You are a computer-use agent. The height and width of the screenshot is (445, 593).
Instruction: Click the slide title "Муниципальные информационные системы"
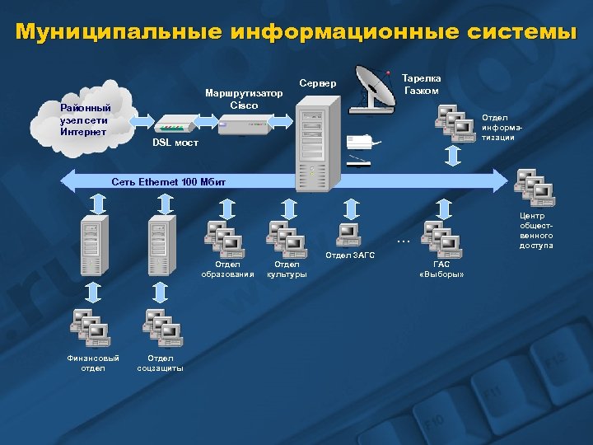coord(296,32)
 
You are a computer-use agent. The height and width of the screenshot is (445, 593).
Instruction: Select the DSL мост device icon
coord(174,125)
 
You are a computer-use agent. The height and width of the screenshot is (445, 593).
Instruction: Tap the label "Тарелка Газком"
coord(421,84)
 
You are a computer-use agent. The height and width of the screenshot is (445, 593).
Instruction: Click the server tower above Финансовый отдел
coord(93,245)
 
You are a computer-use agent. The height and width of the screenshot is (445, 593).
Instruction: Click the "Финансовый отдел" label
coord(93,363)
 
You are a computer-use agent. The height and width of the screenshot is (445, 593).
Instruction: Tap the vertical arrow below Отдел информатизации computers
coord(453,156)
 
